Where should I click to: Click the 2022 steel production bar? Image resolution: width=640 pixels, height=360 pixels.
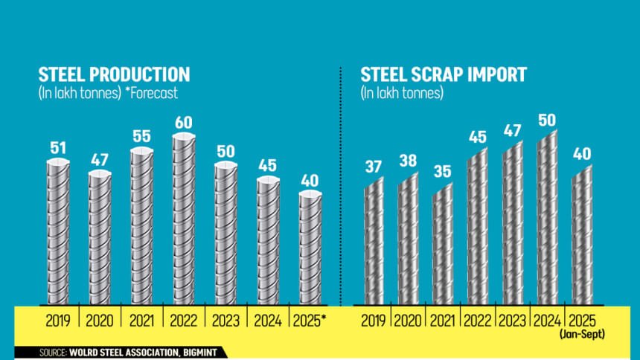184,219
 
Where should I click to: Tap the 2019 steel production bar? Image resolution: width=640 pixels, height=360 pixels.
58,232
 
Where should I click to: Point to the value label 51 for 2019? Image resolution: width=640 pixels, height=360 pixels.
58,148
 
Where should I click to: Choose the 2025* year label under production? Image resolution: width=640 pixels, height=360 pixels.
313,321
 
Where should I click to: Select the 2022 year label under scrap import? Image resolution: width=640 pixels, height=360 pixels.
477,321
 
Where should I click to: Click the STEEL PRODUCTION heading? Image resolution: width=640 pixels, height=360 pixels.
114,74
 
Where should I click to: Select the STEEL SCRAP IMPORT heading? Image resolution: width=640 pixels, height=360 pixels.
444,74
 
